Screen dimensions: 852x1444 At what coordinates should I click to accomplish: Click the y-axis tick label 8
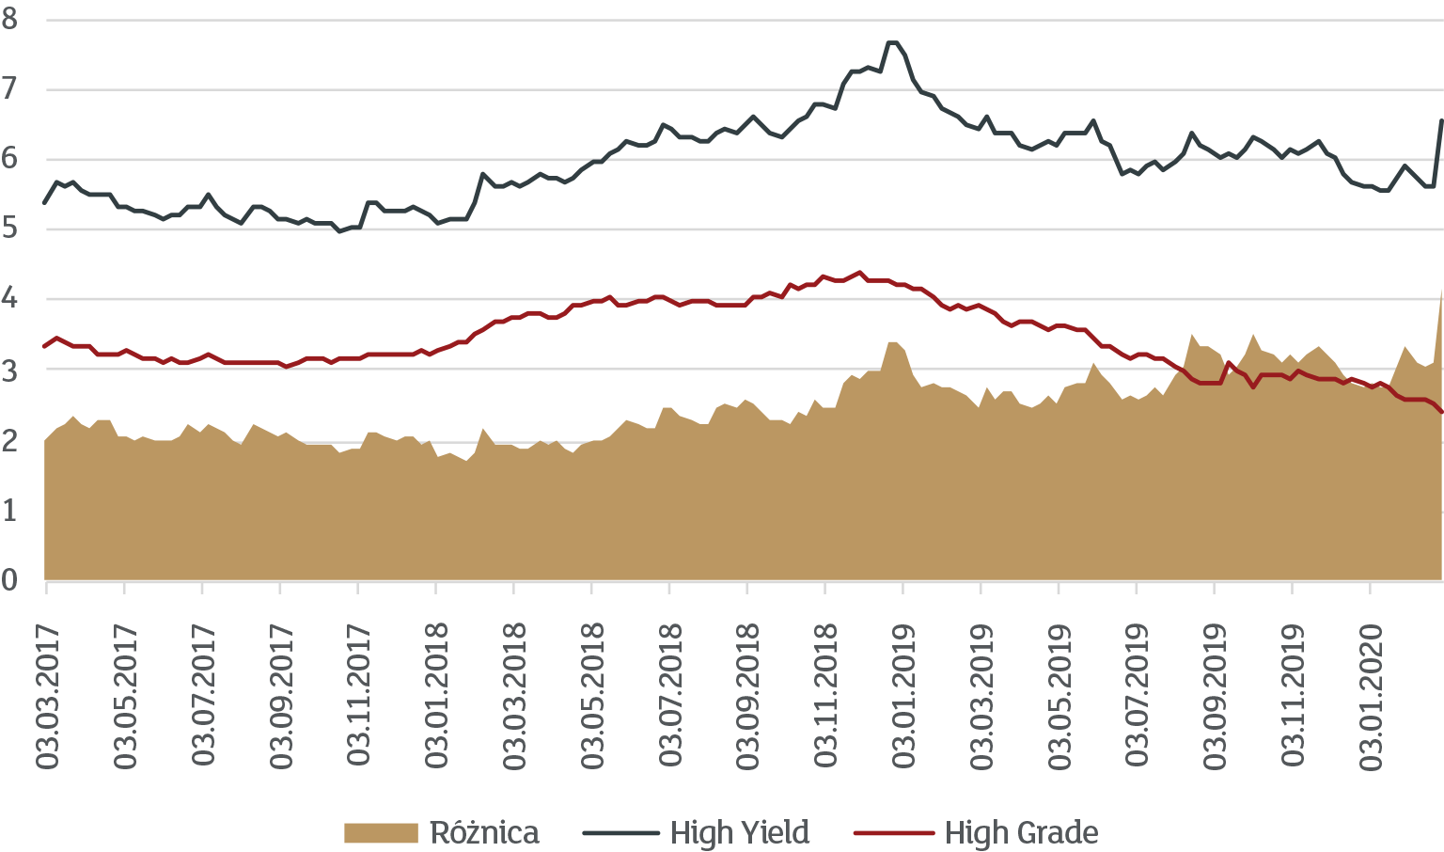pyautogui.click(x=10, y=19)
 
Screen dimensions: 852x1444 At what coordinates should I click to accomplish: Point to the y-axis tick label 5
pyautogui.click(x=10, y=229)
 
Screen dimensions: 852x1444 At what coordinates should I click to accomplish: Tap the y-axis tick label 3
pyautogui.click(x=10, y=369)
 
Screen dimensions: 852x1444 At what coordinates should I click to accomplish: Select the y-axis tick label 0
pyautogui.click(x=10, y=579)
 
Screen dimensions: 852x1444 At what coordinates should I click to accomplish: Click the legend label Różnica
pyautogui.click(x=484, y=833)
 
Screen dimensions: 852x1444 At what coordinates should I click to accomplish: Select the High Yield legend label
pyautogui.click(x=740, y=833)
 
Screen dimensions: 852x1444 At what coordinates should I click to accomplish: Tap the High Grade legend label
pyautogui.click(x=1021, y=833)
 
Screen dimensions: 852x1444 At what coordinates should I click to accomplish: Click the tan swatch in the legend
pyautogui.click(x=381, y=833)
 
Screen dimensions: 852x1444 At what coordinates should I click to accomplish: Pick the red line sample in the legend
pyautogui.click(x=893, y=833)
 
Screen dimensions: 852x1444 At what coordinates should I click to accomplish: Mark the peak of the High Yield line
pyautogui.click(x=892, y=42)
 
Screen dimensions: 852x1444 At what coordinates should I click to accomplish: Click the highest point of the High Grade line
pyautogui.click(x=859, y=272)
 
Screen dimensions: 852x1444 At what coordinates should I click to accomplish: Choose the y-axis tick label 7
pyautogui.click(x=10, y=89)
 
